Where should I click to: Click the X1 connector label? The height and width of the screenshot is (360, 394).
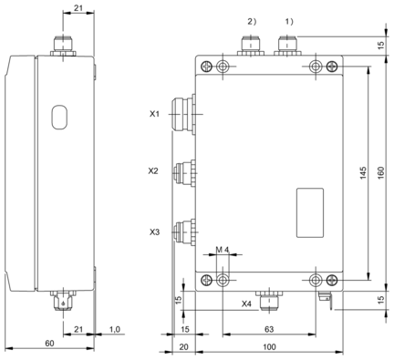154,114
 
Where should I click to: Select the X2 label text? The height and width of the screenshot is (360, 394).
153,171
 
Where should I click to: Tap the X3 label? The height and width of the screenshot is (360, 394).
154,232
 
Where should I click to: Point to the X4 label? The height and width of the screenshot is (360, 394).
246,303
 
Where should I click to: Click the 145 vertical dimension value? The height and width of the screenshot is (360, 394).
363,173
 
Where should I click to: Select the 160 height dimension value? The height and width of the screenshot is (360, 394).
381,173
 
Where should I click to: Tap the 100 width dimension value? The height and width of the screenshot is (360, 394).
269,346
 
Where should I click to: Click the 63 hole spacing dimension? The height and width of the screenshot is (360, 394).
269,329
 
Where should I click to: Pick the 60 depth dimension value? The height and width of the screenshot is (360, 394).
49,343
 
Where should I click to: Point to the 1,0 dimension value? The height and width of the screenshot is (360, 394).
114,329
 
